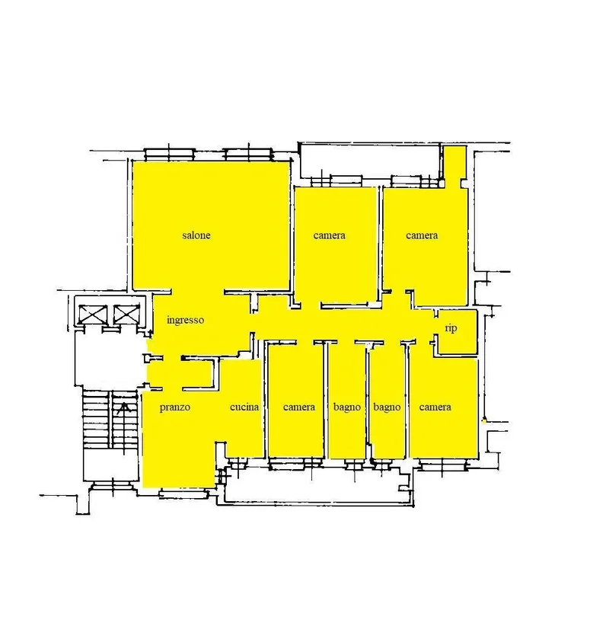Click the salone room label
[x=196, y=235]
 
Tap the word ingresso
[x=186, y=320]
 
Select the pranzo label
[x=175, y=407]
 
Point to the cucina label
[x=244, y=407]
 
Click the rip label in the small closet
[x=451, y=328]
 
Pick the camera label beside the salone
[x=329, y=235]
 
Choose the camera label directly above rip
[x=422, y=235]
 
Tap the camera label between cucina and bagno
[x=298, y=407]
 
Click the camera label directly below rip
[x=435, y=407]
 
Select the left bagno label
[x=347, y=407]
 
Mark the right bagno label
[x=387, y=407]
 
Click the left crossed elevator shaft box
[x=94, y=315]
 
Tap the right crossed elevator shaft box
[x=126, y=314]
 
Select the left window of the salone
[x=170, y=155]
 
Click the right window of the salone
[x=247, y=155]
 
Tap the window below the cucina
[x=237, y=463]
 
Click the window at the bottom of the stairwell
[x=113, y=486]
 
